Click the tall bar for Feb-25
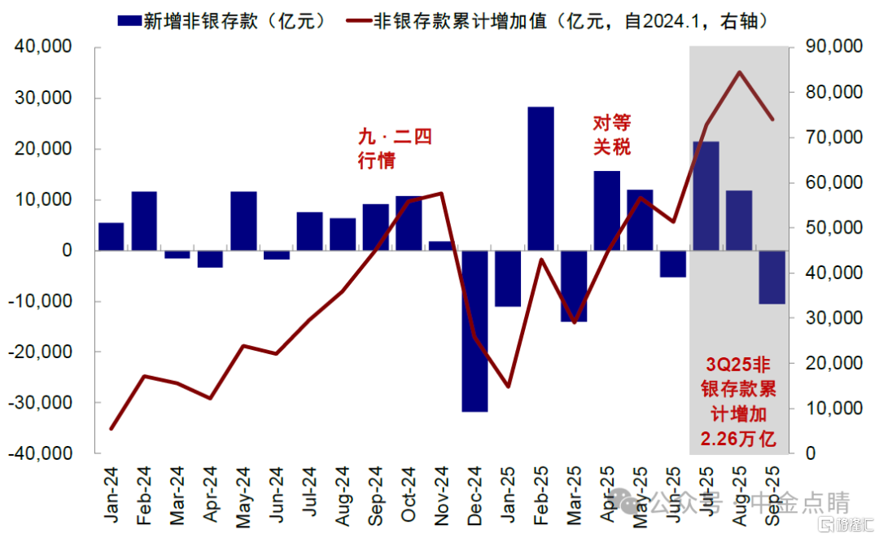click(540, 178)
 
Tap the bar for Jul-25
click(706, 195)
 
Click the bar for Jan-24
click(112, 236)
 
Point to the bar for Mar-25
click(574, 286)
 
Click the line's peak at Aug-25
click(739, 72)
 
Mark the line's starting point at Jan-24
click(112, 428)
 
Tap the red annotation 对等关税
click(610, 135)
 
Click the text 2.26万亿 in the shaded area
click(738, 440)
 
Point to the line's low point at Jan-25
click(508, 386)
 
